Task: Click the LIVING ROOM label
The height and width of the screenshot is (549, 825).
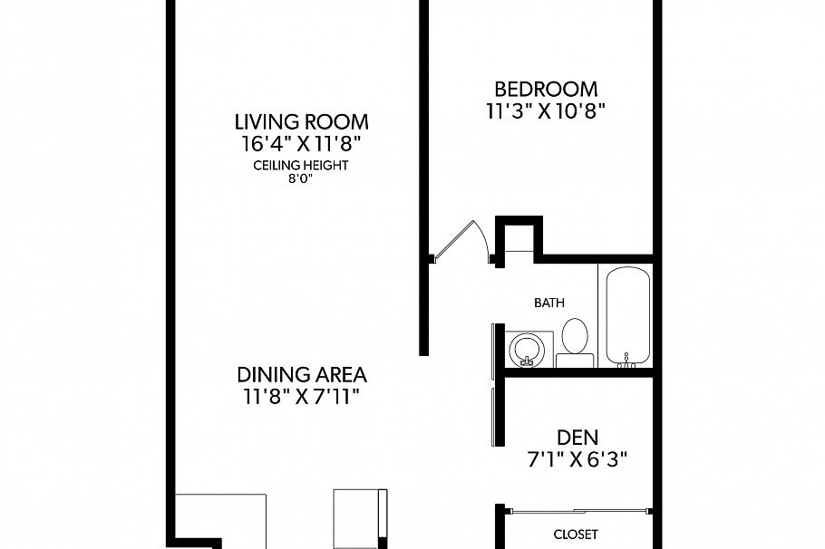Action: [302, 121]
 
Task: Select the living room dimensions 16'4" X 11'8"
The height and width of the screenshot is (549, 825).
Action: [302, 143]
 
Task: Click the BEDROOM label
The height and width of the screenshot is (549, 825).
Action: [545, 89]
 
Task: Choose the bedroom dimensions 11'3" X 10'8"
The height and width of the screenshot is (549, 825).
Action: [545, 111]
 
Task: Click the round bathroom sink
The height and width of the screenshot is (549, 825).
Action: [526, 348]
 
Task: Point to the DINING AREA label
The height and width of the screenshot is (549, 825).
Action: [302, 374]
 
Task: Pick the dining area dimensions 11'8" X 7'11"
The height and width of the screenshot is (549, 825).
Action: [302, 396]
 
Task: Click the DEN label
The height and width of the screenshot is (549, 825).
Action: [577, 437]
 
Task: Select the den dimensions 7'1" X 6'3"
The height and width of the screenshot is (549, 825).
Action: [577, 458]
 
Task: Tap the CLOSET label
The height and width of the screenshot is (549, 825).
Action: [576, 535]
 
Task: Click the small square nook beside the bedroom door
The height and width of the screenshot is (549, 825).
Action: [519, 239]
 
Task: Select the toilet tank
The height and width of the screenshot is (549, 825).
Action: [575, 360]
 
